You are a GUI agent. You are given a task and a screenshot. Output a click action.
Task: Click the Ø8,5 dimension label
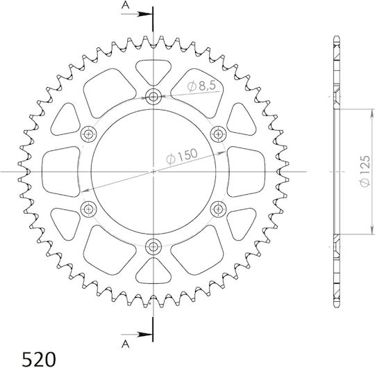pos(202,86)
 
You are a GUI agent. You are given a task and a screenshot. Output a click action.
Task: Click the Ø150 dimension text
pos(182,157)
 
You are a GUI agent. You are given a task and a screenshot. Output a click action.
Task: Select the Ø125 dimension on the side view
pos(365,171)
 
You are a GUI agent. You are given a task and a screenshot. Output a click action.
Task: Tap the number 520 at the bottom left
pos(39,359)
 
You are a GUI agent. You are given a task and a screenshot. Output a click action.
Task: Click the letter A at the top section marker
pos(125,5)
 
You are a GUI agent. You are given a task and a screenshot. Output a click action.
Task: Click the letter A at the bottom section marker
pos(125,344)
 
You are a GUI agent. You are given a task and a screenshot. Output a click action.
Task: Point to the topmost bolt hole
pos(153,97)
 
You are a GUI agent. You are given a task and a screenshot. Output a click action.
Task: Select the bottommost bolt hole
pos(153,246)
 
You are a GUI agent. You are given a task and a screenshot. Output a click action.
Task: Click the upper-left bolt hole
pos(89,134)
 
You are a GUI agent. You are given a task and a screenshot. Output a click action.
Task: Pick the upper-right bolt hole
pos(218,134)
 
